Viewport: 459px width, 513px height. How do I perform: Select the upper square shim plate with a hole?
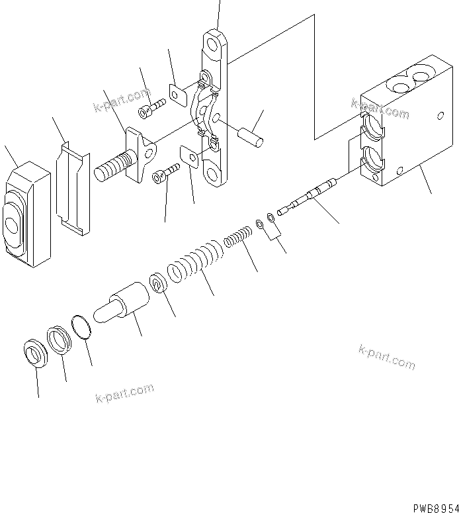pyautogui.click(x=177, y=95)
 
